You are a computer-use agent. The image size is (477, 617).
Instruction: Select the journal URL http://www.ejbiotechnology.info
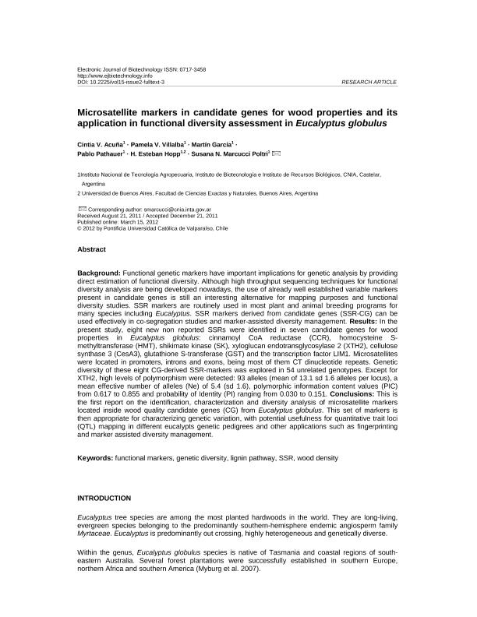click(x=114, y=76)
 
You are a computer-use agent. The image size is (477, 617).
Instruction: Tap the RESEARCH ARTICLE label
click(x=369, y=82)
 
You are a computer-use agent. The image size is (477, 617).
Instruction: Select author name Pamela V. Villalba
click(x=165, y=146)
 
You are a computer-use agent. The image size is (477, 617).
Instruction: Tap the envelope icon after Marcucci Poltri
click(x=277, y=155)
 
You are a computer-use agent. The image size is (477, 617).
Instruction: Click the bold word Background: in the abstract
click(x=99, y=274)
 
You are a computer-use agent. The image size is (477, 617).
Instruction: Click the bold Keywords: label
click(x=95, y=458)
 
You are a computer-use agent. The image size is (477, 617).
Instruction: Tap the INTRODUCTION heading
click(x=104, y=497)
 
